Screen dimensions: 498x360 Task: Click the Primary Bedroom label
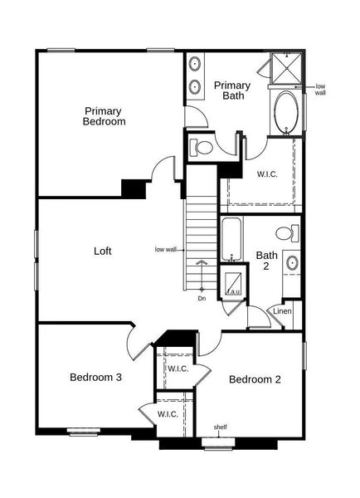click(104, 115)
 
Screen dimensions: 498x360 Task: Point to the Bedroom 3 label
click(95, 377)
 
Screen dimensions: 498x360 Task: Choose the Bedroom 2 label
click(255, 379)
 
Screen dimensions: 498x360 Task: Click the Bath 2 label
click(266, 261)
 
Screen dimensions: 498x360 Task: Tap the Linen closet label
click(283, 312)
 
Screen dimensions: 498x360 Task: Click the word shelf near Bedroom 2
click(221, 427)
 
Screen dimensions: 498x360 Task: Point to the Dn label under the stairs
click(202, 298)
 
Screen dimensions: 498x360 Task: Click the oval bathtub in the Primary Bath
click(287, 112)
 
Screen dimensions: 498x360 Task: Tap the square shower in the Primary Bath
click(288, 68)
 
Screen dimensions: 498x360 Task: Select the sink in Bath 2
click(292, 264)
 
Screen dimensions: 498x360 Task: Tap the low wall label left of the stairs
click(166, 249)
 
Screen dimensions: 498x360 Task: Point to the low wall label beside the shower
click(320, 90)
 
